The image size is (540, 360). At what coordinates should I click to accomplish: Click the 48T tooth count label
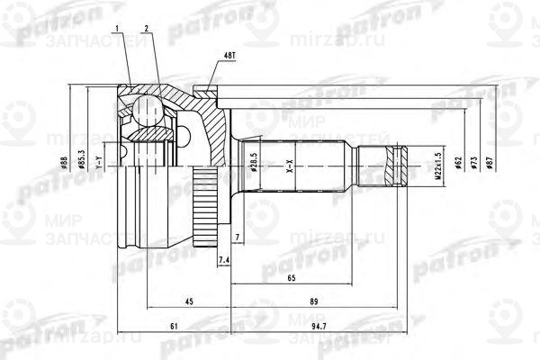tap(225, 56)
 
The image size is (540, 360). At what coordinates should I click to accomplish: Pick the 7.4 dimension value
tap(224, 260)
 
